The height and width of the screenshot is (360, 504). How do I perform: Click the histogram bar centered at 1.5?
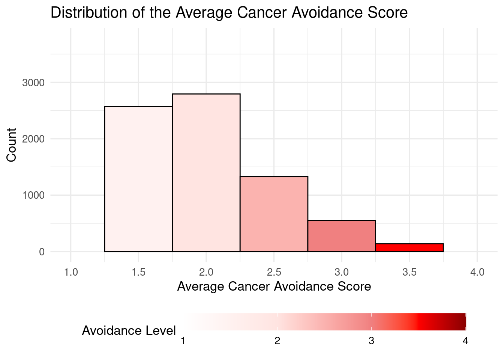[x=138, y=179]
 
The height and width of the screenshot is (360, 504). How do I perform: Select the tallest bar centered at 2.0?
[x=206, y=172]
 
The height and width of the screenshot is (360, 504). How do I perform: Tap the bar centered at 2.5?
[x=274, y=214]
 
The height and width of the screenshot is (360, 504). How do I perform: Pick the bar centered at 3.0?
[x=342, y=236]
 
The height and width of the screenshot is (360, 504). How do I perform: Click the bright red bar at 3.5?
[x=409, y=247]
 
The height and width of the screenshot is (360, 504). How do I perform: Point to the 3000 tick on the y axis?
[x=33, y=83]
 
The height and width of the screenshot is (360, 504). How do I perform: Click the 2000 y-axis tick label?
[x=33, y=139]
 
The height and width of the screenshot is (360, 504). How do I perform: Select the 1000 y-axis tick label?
[x=33, y=195]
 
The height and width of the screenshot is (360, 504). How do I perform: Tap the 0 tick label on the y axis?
[x=42, y=252]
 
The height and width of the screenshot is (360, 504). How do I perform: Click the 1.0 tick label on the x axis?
[x=71, y=272]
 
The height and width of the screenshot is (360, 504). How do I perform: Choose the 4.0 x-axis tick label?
[x=477, y=272]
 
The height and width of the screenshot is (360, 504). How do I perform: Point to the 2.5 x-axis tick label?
[x=274, y=272]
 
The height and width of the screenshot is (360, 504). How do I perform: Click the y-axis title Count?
[x=12, y=145]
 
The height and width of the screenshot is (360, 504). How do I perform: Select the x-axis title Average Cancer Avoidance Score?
[x=274, y=286]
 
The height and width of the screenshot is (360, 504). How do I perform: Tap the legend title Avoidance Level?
[x=129, y=331]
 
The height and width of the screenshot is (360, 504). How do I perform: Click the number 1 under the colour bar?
[x=183, y=341]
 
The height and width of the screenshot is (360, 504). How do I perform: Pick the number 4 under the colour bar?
[x=465, y=341]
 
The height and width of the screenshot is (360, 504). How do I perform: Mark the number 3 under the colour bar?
[x=371, y=341]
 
